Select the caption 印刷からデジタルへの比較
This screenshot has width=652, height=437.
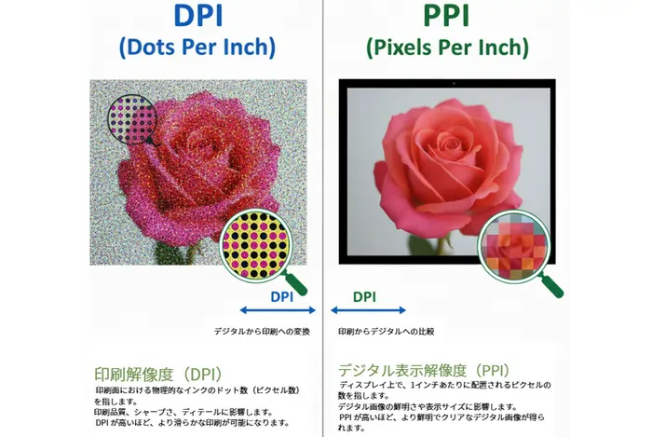(386, 331)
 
